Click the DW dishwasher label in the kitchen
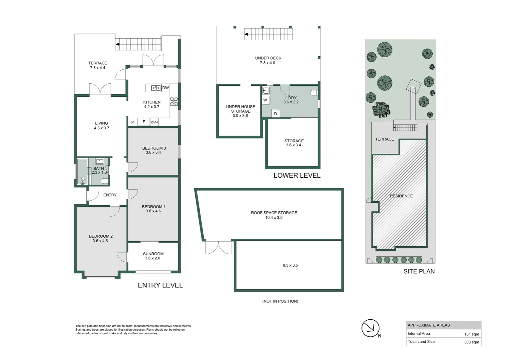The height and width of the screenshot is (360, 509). (x=166, y=88)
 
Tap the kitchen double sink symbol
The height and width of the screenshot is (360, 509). (x=156, y=88)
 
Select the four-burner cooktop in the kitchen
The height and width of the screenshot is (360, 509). (x=174, y=101)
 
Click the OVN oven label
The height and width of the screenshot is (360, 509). (x=154, y=122)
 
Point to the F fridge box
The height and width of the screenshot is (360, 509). (x=144, y=122)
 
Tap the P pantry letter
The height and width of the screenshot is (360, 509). (x=133, y=122)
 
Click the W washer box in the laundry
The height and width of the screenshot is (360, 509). (x=265, y=100)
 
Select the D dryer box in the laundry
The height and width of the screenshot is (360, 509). (x=275, y=113)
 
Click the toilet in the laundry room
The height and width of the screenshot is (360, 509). (x=314, y=93)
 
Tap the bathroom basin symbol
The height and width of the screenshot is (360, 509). (x=100, y=161)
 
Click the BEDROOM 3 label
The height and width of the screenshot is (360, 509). (x=154, y=148)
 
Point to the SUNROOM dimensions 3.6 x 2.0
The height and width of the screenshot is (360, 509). (x=153, y=258)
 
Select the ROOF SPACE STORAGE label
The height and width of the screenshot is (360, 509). (x=274, y=213)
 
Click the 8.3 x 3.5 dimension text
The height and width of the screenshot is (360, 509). (x=290, y=265)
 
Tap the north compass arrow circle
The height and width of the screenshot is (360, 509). (x=370, y=328)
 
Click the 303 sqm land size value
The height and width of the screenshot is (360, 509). (x=471, y=342)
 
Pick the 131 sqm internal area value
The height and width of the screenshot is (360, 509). (x=471, y=334)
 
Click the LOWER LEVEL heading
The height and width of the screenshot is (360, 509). (x=297, y=175)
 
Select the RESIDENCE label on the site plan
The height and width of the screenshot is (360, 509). (x=401, y=196)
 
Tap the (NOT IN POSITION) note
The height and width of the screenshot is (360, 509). (x=280, y=301)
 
